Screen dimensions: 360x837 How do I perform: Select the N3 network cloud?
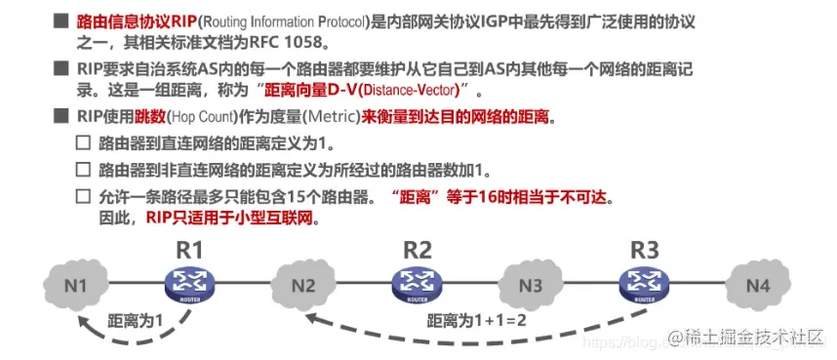point(530,287)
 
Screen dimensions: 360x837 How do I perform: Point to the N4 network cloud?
point(757,286)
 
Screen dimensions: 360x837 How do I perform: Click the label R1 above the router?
point(190,249)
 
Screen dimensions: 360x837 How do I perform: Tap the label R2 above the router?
point(417,249)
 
